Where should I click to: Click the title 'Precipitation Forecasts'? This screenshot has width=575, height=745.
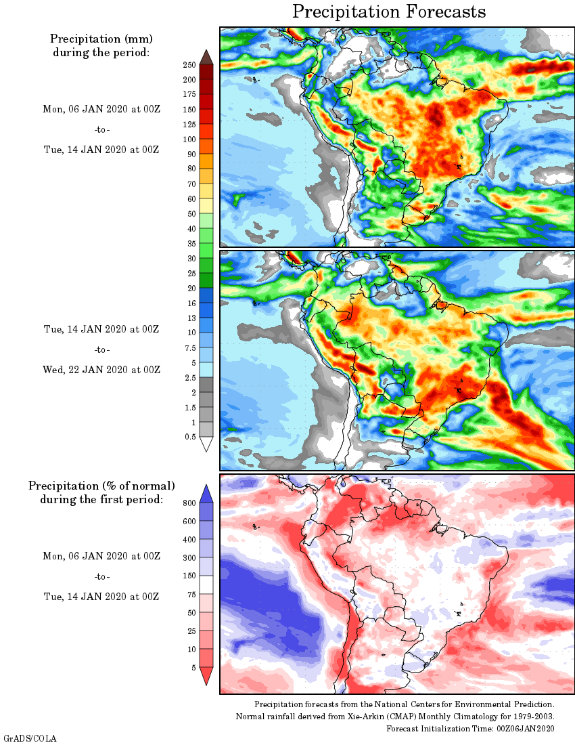point(389,12)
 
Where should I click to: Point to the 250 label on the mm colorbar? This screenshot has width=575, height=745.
point(189,65)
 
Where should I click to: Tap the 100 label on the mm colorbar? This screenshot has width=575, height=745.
point(189,140)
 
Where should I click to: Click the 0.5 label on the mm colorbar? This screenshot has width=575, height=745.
point(190,437)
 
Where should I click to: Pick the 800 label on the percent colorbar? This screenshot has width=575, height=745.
point(189,503)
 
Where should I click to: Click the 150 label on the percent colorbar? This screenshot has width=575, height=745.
point(189,576)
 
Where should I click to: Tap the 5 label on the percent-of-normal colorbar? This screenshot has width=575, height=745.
point(193,667)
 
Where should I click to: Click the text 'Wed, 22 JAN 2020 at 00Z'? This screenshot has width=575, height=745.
point(101,370)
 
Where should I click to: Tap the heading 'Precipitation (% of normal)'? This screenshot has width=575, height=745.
point(101,486)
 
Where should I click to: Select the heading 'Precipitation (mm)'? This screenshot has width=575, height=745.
point(101,38)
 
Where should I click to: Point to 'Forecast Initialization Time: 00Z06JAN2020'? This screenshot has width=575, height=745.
point(470,728)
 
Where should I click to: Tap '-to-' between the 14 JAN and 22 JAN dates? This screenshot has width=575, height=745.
point(101,349)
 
